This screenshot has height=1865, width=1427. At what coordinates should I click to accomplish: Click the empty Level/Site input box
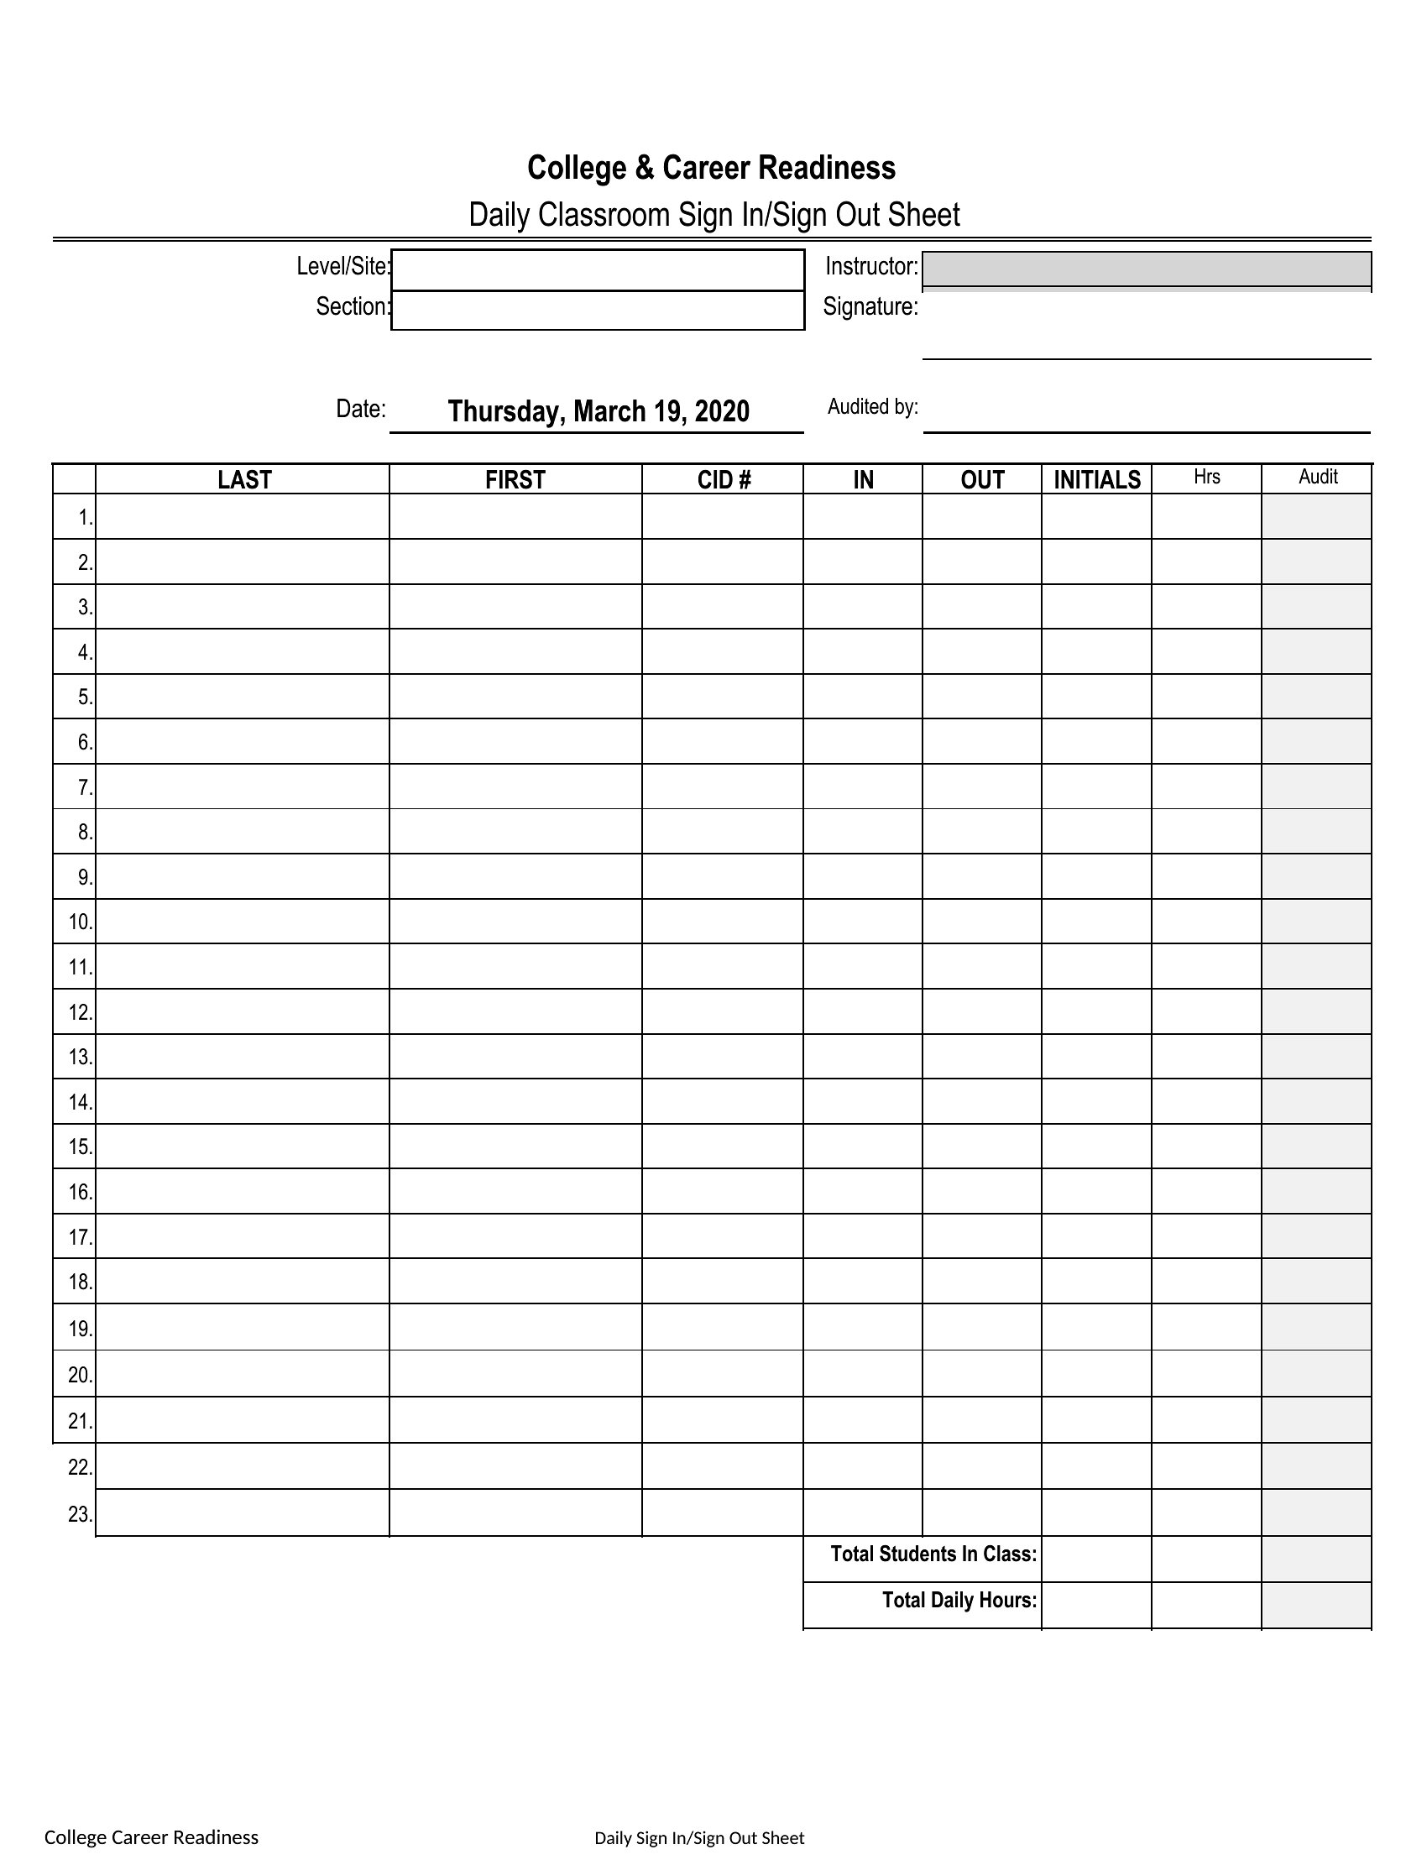click(x=597, y=270)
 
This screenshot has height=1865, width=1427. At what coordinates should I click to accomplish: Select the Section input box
click(x=597, y=310)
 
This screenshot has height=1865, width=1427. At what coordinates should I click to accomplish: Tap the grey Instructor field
click(x=1146, y=269)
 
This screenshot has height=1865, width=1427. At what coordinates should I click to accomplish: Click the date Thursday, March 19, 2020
click(x=598, y=412)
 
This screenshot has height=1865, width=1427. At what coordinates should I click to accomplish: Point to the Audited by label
click(x=872, y=407)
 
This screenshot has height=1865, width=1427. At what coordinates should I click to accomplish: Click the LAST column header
click(x=243, y=480)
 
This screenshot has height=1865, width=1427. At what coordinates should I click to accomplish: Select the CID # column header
click(x=724, y=480)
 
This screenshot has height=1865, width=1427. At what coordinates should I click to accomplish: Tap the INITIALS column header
click(x=1096, y=480)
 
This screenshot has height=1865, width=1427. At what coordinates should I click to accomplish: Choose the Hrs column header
click(x=1206, y=478)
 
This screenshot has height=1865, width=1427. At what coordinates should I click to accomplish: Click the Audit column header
click(x=1317, y=478)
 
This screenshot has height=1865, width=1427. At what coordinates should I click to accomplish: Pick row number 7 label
click(x=85, y=787)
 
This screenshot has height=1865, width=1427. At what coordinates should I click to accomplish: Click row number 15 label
click(x=80, y=1147)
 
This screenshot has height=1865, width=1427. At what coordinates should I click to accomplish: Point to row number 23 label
click(x=80, y=1514)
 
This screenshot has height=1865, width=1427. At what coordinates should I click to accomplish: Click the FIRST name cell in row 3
click(x=515, y=606)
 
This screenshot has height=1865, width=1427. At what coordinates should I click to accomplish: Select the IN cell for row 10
click(x=862, y=922)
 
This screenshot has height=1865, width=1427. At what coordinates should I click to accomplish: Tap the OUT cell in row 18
click(x=981, y=1282)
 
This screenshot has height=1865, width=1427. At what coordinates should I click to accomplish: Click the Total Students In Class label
click(x=933, y=1554)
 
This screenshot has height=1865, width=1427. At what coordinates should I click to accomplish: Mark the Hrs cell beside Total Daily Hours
click(x=1206, y=1601)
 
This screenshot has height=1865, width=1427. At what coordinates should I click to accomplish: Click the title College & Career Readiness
click(x=711, y=168)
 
